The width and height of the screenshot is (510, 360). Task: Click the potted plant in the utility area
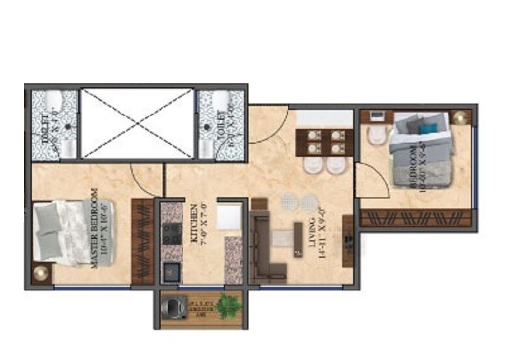point(227,305)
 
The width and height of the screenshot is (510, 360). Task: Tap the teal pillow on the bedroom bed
point(426,128)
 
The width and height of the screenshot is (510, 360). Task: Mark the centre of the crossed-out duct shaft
point(137,122)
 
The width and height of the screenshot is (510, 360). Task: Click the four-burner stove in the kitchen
point(172,234)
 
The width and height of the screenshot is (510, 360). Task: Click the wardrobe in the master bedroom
point(141,241)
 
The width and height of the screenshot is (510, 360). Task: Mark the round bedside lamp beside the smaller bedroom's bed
point(461,117)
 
